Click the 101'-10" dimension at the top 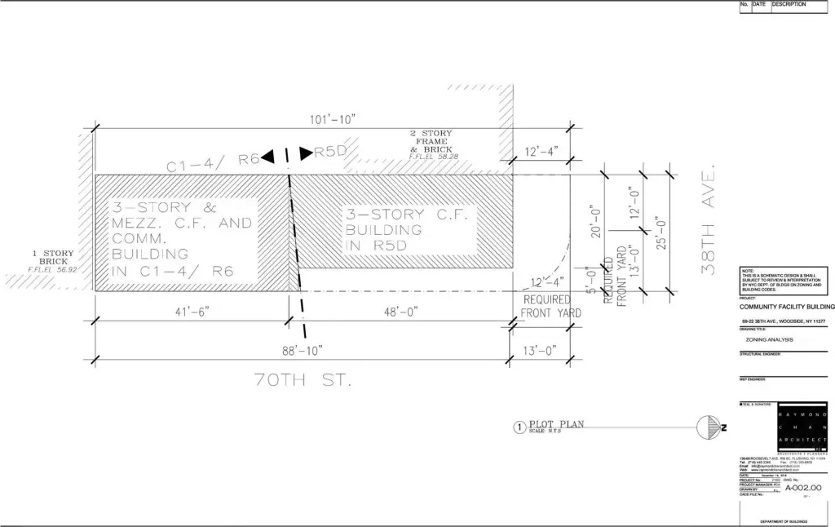point(333,120)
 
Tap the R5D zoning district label point(330,152)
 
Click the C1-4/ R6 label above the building point(214,162)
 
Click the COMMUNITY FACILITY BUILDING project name point(787,307)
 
